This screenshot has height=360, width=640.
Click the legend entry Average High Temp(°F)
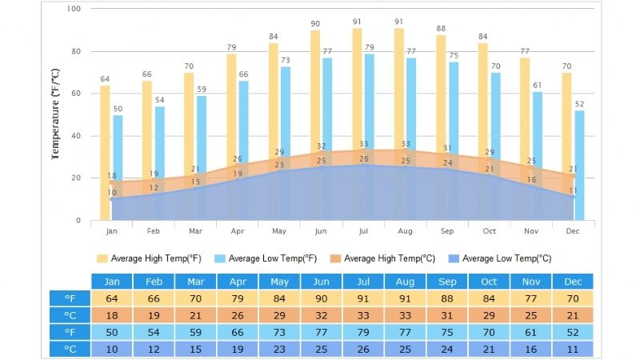coord(149,258)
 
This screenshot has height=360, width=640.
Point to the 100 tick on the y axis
coord(74,9)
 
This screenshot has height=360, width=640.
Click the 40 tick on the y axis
coord(77,136)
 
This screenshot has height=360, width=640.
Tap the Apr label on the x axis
coord(237,230)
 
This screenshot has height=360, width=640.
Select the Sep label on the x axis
coord(446,230)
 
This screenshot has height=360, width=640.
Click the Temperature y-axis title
coord(55,114)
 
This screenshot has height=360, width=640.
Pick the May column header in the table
coord(279,282)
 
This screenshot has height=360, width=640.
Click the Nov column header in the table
coord(530,282)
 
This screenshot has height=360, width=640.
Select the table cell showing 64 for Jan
coord(112,298)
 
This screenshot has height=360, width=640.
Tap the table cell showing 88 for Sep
coord(446,298)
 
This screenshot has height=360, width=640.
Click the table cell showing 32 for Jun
coord(321,315)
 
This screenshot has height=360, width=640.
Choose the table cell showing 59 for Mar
coord(195,332)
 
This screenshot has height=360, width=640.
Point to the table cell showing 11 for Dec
coord(572,349)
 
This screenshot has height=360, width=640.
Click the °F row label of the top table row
coord(70,298)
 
